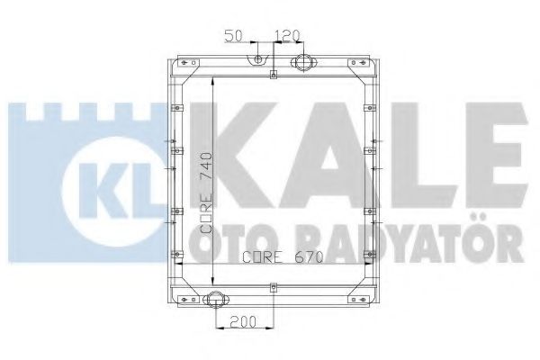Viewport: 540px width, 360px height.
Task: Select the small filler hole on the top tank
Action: click(x=259, y=61)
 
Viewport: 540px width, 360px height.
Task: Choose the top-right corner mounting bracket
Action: click(x=364, y=66)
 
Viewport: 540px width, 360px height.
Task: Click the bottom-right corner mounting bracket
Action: click(x=364, y=297)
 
